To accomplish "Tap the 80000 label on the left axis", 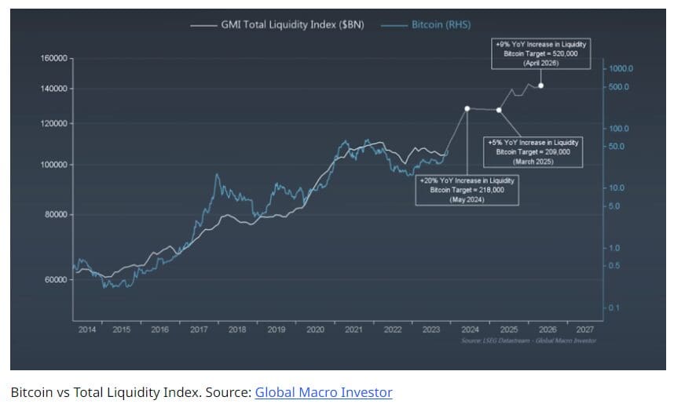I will tap(56, 214).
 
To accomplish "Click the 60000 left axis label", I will tap(56, 279).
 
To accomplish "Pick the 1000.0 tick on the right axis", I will tap(621, 69).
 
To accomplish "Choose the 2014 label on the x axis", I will tap(86, 329).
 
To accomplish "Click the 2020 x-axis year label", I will tap(315, 329).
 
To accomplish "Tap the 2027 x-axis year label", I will tap(584, 329).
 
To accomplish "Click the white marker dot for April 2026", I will tap(540, 86).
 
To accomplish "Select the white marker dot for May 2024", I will tap(467, 109).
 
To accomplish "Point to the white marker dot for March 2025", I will tap(499, 110).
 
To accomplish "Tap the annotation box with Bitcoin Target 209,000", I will tap(533, 151).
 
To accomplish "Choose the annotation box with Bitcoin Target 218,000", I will tap(467, 191).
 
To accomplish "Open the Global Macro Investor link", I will tap(323, 391).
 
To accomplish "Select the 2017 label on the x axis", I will tap(199, 329).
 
